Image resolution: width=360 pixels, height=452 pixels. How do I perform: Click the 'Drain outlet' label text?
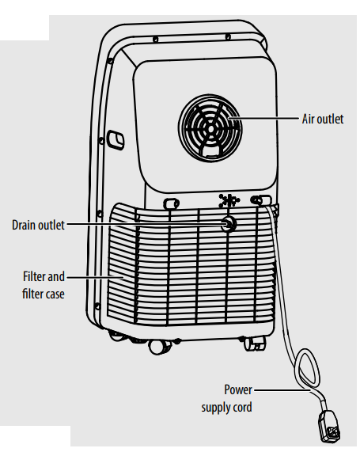(x=38, y=224)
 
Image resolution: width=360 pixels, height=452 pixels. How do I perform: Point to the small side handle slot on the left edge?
(x=116, y=139)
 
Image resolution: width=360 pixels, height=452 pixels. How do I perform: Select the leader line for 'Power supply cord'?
(x=273, y=389)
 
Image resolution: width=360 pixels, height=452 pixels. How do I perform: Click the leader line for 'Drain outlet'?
(x=142, y=224)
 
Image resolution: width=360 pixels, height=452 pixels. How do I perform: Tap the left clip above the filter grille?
(x=169, y=204)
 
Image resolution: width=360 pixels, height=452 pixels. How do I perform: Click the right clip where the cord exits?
(x=258, y=201)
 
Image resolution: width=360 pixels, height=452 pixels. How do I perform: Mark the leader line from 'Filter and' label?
(x=95, y=278)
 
